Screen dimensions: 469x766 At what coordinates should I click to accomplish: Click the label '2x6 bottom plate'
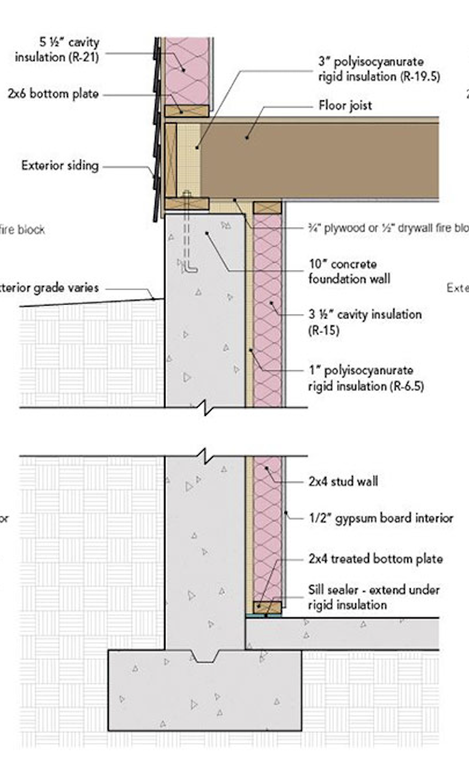(x=53, y=94)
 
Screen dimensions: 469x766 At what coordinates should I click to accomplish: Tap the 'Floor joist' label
(x=345, y=105)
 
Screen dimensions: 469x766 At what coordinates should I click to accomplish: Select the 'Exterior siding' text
(x=60, y=166)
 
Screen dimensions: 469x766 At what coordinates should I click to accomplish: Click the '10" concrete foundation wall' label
(x=349, y=272)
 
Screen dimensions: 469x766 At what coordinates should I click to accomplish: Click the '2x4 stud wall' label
(x=343, y=481)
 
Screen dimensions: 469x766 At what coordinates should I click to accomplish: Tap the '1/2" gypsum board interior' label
(x=381, y=518)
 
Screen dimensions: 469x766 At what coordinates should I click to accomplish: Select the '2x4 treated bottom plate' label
(x=375, y=558)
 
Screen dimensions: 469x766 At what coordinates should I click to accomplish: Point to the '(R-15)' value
(x=324, y=330)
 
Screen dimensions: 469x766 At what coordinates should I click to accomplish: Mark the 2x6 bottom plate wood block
(x=187, y=110)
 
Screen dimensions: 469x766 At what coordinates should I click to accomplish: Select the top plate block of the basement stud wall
(x=267, y=208)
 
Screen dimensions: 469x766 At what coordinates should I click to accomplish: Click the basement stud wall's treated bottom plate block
(x=267, y=607)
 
